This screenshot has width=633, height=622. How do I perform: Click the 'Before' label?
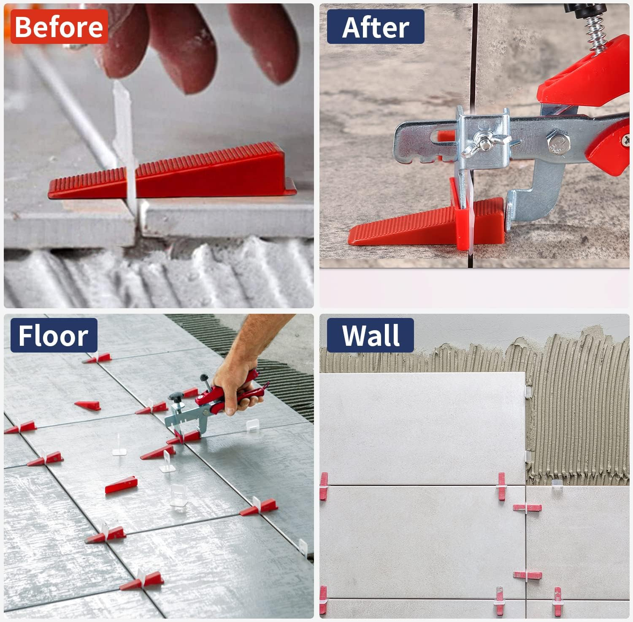(x=59, y=27)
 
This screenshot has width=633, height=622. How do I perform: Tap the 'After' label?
(x=376, y=27)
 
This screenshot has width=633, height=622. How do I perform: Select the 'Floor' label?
(x=54, y=336)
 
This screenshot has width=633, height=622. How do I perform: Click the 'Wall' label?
(x=371, y=336)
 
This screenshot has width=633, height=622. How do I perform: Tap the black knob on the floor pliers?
(x=176, y=397)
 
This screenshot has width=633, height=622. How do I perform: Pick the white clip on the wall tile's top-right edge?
(x=527, y=390)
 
